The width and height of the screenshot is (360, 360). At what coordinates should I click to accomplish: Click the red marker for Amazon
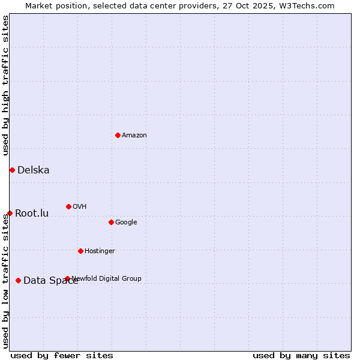pos(118,135)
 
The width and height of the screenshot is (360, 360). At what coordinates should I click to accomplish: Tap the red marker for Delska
pos(12,170)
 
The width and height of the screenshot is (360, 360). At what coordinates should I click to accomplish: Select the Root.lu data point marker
pos(10,213)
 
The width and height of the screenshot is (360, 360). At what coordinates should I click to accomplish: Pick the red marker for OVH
pos(68,206)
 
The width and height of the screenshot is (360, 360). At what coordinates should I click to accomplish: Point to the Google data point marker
pos(111,222)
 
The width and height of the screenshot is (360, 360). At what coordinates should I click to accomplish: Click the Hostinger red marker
pos(80,251)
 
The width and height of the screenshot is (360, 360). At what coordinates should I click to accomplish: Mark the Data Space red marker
pos(18,280)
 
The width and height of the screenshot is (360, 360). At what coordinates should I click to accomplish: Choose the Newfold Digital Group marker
pos(67,278)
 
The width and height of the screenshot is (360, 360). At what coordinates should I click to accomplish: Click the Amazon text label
pos(134,136)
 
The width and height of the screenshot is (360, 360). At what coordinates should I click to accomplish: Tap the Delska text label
pos(34,170)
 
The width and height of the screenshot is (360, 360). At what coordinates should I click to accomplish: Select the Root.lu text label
pos(32,213)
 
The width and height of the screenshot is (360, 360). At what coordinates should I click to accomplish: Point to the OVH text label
pos(80,207)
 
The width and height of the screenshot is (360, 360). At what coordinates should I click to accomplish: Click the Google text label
pos(126,223)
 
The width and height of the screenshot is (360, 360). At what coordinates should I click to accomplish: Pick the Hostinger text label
pos(100,251)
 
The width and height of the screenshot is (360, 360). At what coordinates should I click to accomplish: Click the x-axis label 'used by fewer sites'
pos(62,355)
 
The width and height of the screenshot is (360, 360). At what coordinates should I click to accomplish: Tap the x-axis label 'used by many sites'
pos(301,355)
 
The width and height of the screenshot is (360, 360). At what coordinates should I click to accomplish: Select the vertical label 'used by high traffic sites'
pos(5,85)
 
